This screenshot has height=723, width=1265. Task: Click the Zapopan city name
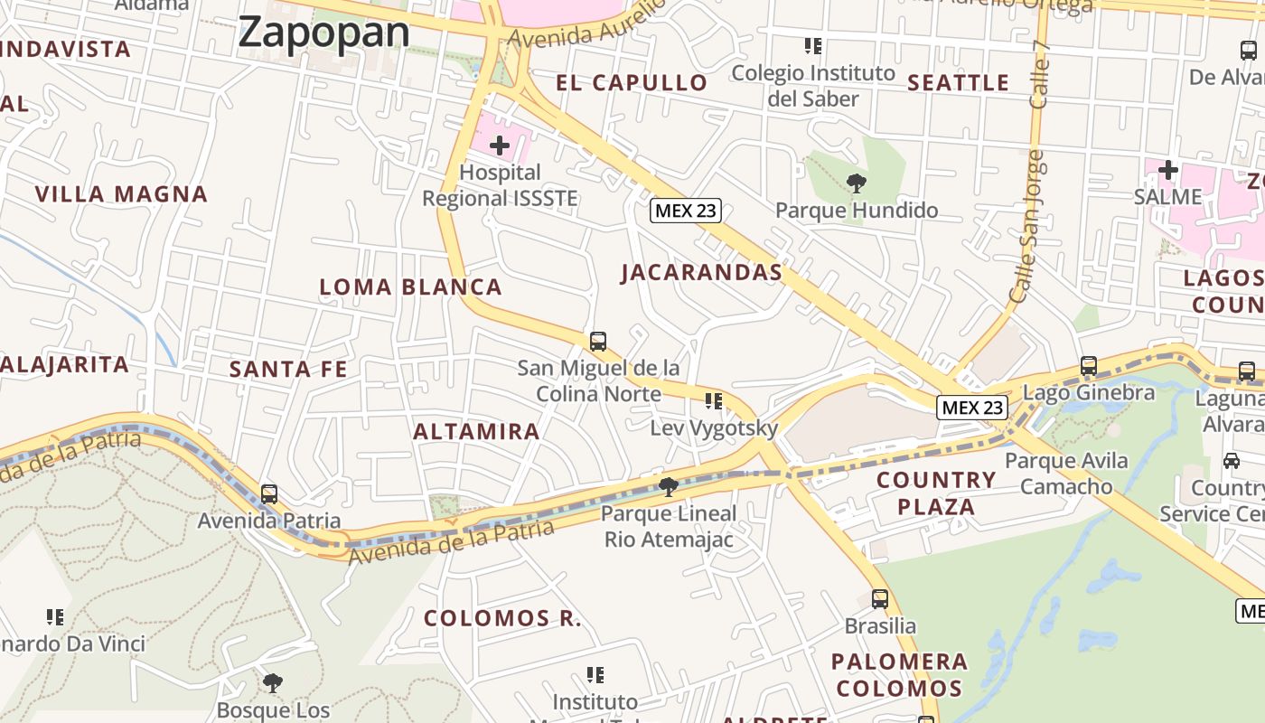click(x=324, y=33)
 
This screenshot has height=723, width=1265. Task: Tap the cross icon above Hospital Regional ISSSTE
click(x=499, y=145)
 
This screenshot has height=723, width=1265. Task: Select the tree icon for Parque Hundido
click(x=855, y=184)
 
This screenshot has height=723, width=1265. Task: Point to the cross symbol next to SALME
click(x=1167, y=169)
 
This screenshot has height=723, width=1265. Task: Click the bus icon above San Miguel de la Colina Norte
click(x=597, y=342)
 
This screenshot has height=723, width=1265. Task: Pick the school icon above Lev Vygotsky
click(x=714, y=400)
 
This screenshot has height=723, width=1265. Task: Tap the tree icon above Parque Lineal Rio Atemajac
click(x=668, y=487)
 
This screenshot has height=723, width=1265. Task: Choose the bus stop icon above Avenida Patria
click(x=268, y=494)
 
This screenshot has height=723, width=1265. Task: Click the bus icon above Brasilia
click(x=879, y=598)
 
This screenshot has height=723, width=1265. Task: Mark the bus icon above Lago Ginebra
click(x=1088, y=366)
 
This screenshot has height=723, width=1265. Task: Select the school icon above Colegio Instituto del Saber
click(x=812, y=45)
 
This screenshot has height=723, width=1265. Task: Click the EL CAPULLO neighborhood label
click(x=632, y=83)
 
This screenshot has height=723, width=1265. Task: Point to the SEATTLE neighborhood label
click(x=958, y=83)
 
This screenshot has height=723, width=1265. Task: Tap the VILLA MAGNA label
click(x=121, y=194)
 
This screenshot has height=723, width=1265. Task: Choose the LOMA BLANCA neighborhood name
click(x=410, y=287)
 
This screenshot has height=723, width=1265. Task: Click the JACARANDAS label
click(x=701, y=272)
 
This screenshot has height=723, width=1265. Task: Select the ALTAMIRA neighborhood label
click(x=476, y=431)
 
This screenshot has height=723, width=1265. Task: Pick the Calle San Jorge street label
click(x=1027, y=226)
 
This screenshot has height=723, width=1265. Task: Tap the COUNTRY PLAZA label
click(x=936, y=493)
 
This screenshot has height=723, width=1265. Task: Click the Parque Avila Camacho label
click(x=1066, y=474)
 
